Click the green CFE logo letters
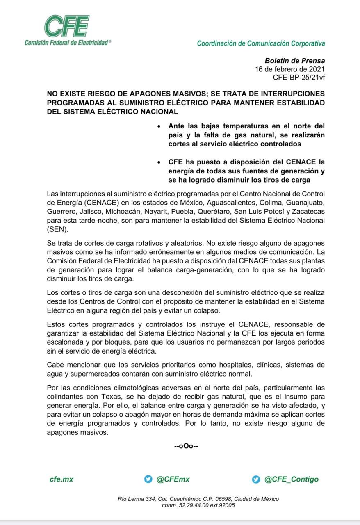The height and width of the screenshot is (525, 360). pos(67,27)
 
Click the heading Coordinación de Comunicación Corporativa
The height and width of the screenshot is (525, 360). pos(261,43)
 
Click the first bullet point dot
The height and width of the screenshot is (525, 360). pos(153,126)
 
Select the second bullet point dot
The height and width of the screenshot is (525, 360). pos(153,162)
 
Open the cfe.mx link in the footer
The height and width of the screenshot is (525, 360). pos(61,479)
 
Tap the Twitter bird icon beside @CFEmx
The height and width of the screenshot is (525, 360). pos(148,479)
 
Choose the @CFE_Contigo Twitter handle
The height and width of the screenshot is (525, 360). pos(291,479)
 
